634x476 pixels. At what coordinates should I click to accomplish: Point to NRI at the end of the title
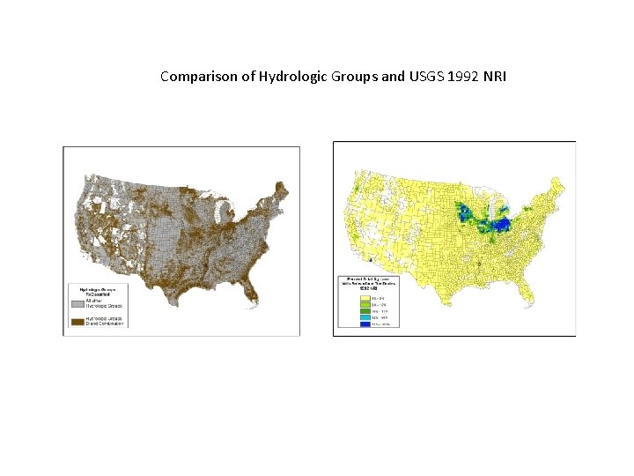pyautogui.click(x=492, y=77)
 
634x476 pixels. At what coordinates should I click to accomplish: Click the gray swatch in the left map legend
pyautogui.click(x=77, y=302)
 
